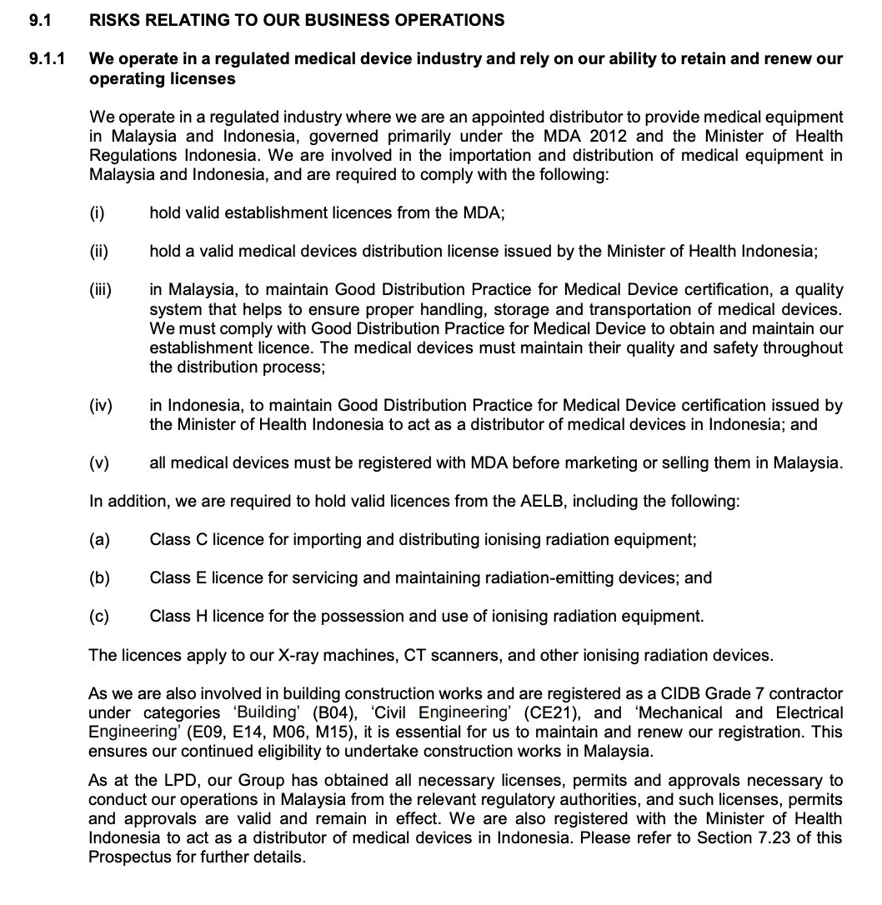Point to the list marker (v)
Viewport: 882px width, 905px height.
pos(98,463)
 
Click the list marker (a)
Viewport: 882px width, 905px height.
pos(99,540)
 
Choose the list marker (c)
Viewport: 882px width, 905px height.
pos(99,617)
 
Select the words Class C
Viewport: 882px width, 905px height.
pos(178,540)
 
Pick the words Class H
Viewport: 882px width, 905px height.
pos(178,617)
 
